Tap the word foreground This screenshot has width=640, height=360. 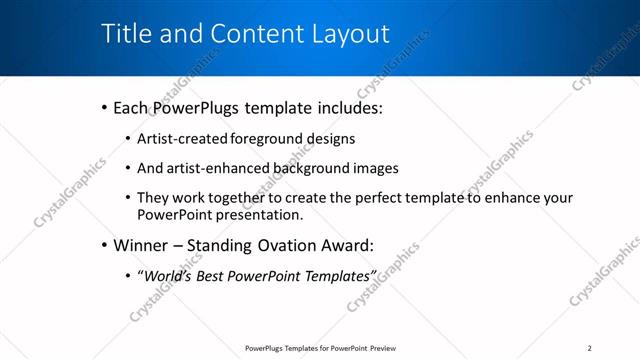261,139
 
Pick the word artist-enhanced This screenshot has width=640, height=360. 225,168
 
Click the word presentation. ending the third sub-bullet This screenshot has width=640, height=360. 256,214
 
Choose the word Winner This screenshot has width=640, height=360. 141,245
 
